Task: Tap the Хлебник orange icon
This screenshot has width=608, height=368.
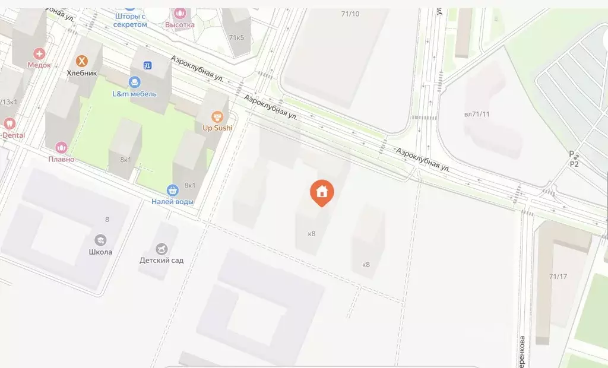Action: point(82,61)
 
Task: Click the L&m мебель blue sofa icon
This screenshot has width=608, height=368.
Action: point(135,82)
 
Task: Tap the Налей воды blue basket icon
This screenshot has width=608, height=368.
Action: point(173,191)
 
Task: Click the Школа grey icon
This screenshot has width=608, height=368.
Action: point(100,240)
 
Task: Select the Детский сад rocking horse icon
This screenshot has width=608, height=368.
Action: point(161,249)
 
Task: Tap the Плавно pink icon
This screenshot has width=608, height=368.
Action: point(62,147)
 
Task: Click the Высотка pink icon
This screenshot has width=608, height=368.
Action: point(179,12)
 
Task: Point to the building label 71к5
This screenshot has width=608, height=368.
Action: point(236,38)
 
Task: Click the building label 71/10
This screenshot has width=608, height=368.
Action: point(350,14)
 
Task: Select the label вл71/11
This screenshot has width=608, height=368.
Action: point(480,114)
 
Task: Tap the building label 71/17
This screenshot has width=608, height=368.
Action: point(558,276)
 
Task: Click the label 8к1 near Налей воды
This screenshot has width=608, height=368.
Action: point(190,185)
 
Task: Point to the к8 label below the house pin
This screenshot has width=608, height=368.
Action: point(312,233)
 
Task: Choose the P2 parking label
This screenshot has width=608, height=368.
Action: point(574,164)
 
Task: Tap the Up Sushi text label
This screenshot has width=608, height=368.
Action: point(218,128)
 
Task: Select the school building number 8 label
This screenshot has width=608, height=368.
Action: point(107,220)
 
